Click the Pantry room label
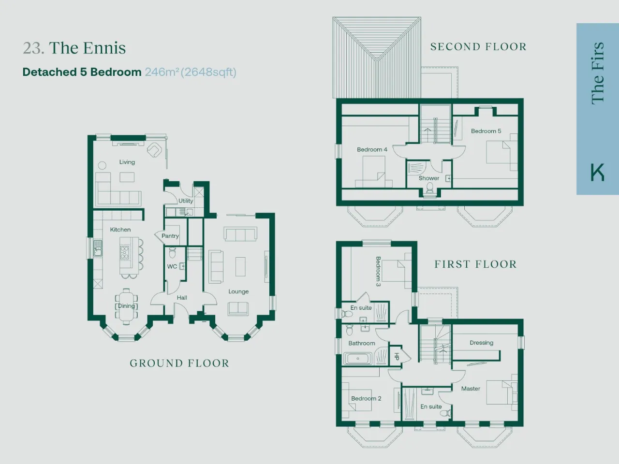click(x=170, y=236)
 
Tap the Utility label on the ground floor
click(x=186, y=201)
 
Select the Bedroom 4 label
click(x=372, y=149)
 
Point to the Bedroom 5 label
click(x=486, y=131)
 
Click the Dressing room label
click(x=481, y=343)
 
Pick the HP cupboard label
click(x=397, y=357)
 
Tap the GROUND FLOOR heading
click(x=179, y=363)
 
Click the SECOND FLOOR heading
click(x=478, y=47)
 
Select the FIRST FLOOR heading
click(x=475, y=264)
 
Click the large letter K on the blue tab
click(x=597, y=172)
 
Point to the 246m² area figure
click(x=162, y=72)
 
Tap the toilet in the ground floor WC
click(x=172, y=252)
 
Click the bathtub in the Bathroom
click(x=358, y=359)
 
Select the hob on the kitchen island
click(x=125, y=252)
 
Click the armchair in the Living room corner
click(x=154, y=150)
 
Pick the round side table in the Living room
click(x=102, y=165)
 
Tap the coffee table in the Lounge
click(x=240, y=266)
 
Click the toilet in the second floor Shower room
click(x=429, y=188)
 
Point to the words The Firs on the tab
click(x=598, y=73)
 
